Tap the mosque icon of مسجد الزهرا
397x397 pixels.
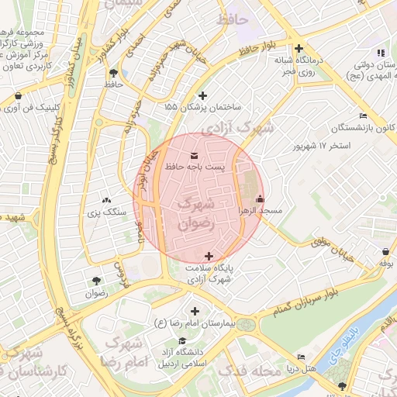point(259,198)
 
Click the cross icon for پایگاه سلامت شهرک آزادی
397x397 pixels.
point(208,256)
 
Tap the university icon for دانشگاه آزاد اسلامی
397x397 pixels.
point(182,340)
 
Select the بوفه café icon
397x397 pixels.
point(386,251)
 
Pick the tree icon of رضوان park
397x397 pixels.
point(96,281)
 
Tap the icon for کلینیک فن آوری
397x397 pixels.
point(17,96)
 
